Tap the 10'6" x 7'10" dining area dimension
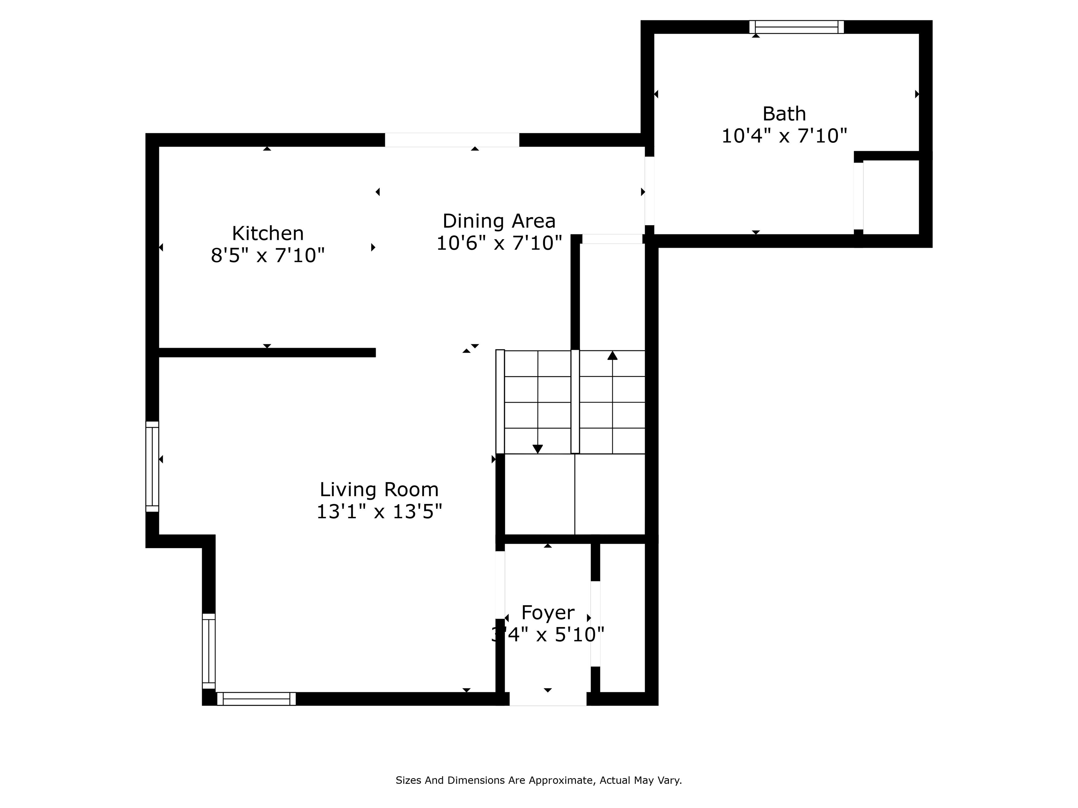point(499,243)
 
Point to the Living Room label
point(379,490)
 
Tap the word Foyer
point(548,613)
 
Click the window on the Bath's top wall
point(796,27)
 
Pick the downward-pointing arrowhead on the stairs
point(538,449)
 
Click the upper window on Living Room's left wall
point(152,466)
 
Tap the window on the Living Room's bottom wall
point(257,699)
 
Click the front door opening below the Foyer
point(548,699)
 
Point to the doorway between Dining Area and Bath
point(649,190)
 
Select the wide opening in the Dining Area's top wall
point(452,140)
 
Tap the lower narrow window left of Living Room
point(208,651)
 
